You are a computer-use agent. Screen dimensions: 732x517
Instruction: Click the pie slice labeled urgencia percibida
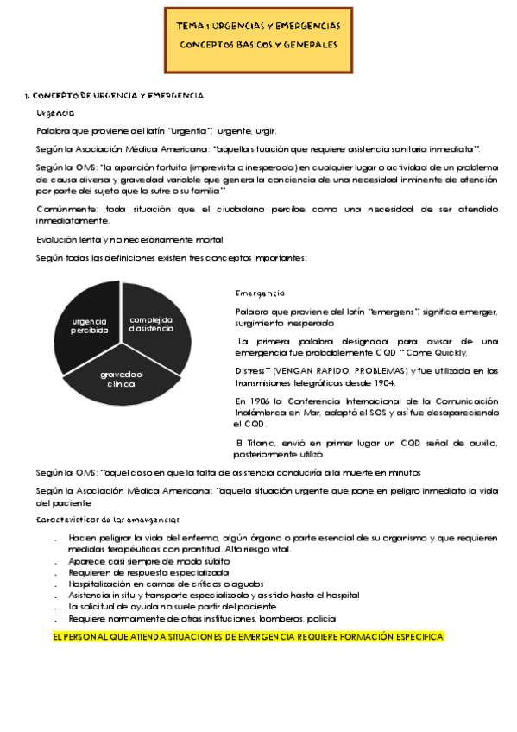[x=89, y=325]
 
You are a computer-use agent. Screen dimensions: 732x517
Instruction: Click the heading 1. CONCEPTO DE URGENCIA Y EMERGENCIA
[x=117, y=95]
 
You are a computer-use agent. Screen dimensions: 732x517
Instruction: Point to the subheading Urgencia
[x=56, y=113]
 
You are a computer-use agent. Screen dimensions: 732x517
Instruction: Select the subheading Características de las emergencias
[x=108, y=520]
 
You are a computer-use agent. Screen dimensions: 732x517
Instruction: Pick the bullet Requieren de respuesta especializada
[x=148, y=572]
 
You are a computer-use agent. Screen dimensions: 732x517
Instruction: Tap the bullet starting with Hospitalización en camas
[x=172, y=584]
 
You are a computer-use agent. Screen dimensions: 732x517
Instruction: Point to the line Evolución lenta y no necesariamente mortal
[x=129, y=239]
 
